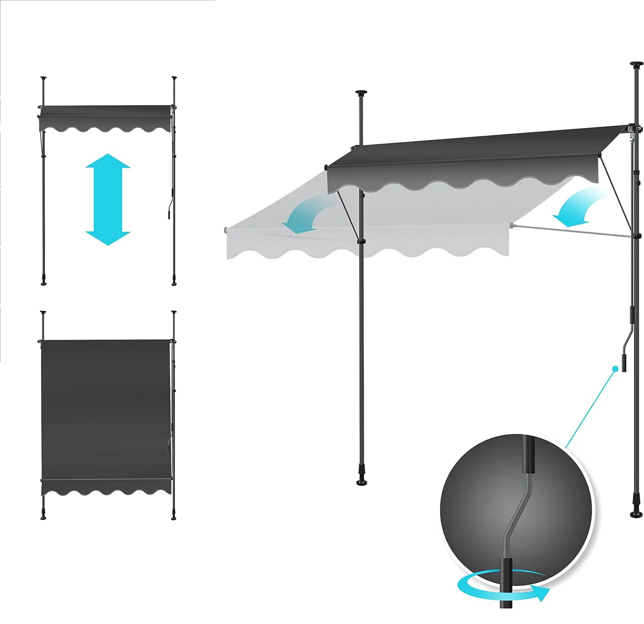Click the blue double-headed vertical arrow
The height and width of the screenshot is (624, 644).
tap(108, 200)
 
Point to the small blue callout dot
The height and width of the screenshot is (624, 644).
tap(615, 368)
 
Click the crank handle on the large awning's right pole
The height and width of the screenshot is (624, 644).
tap(625, 352)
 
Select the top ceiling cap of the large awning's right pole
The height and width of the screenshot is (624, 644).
tap(636, 65)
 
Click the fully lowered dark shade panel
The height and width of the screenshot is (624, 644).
tap(105, 408)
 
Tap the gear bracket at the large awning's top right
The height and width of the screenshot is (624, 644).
tap(635, 129)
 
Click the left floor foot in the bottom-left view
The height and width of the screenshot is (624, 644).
tap(43, 517)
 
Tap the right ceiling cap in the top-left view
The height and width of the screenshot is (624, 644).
tap(174, 78)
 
